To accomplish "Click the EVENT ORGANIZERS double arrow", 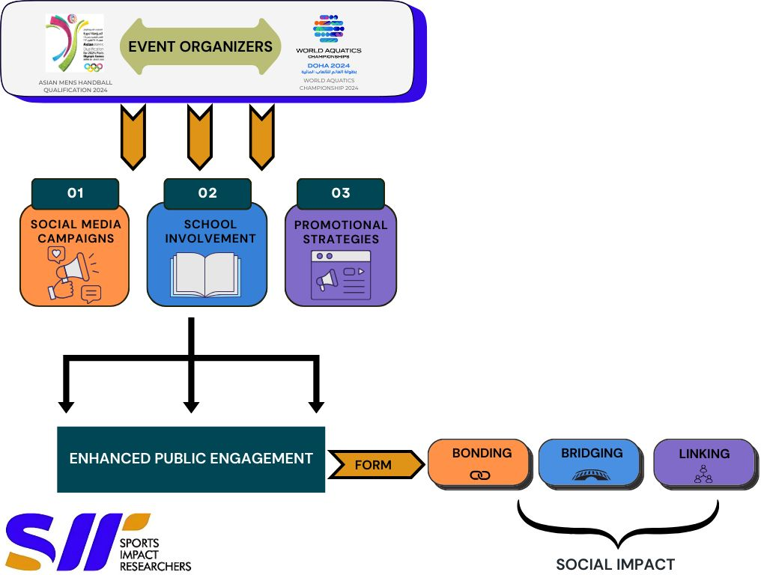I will click(200, 46).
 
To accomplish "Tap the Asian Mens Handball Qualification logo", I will click(74, 43).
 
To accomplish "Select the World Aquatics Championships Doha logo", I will click(329, 45).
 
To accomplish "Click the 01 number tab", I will click(75, 193).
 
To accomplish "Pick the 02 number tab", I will click(207, 193).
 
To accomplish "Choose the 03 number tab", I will click(341, 193).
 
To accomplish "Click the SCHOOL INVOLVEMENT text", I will click(210, 231).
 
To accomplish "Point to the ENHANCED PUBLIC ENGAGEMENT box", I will click(191, 459).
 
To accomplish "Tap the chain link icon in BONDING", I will click(479, 475).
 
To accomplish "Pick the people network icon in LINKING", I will click(703, 475).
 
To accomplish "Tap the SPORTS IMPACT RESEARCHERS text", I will click(156, 555).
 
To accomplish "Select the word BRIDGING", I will click(592, 453).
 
